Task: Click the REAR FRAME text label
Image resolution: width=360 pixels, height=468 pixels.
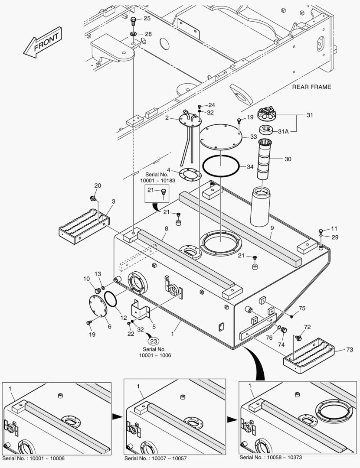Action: tap(311, 87)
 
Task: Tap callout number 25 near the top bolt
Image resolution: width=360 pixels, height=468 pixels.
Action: tap(147, 18)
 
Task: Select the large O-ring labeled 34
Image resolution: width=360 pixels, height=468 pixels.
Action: tap(220, 166)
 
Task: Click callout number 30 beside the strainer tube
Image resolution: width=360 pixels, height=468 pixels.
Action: tap(288, 159)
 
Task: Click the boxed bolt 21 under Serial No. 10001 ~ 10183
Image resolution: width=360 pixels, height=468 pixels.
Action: tap(164, 192)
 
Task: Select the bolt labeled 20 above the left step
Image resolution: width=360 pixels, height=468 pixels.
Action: tap(93, 198)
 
